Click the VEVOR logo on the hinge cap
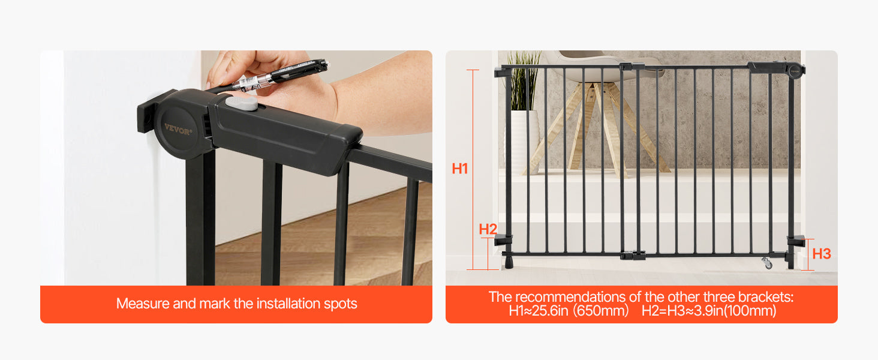178,128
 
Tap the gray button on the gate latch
241,103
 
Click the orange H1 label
460,169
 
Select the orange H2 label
488,229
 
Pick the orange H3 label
821,254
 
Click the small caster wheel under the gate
766,263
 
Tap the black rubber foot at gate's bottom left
509,262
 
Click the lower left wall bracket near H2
503,241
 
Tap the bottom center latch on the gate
633,256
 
